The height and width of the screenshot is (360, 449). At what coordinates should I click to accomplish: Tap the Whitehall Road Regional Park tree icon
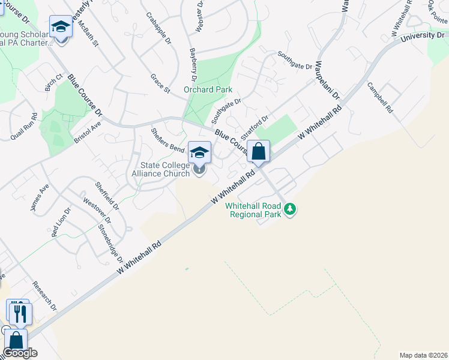pos(291,209)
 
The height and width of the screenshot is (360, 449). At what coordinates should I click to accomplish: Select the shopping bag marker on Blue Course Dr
pos(259,152)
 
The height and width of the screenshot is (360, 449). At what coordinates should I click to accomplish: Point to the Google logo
pos(20,353)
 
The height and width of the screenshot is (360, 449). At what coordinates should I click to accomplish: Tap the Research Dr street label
pos(44,296)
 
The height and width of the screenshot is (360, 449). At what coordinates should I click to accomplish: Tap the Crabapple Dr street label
pos(158,29)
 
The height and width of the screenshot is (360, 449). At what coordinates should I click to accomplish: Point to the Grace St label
pos(160,83)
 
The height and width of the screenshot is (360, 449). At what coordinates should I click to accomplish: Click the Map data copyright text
pos(424,355)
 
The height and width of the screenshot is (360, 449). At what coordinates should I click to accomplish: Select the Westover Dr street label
pos(94,211)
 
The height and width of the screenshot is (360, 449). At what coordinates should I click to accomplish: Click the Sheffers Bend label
pos(167,140)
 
